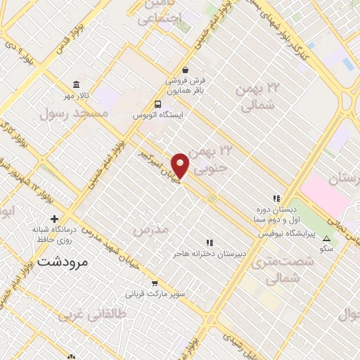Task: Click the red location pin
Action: click(181, 165)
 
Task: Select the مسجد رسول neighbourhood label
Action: click(83, 112)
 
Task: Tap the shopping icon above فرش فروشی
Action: click(185, 70)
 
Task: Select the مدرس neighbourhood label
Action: click(150, 230)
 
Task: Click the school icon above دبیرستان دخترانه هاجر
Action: click(209, 242)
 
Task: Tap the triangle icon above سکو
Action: click(326, 238)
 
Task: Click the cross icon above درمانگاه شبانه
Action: click(53, 218)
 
